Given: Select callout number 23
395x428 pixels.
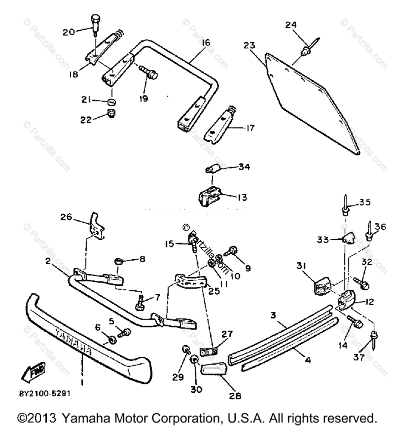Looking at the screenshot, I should click(250, 45).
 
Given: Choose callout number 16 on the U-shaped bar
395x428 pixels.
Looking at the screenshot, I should click(206, 43).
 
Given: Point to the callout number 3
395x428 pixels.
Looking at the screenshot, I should click(273, 315).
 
